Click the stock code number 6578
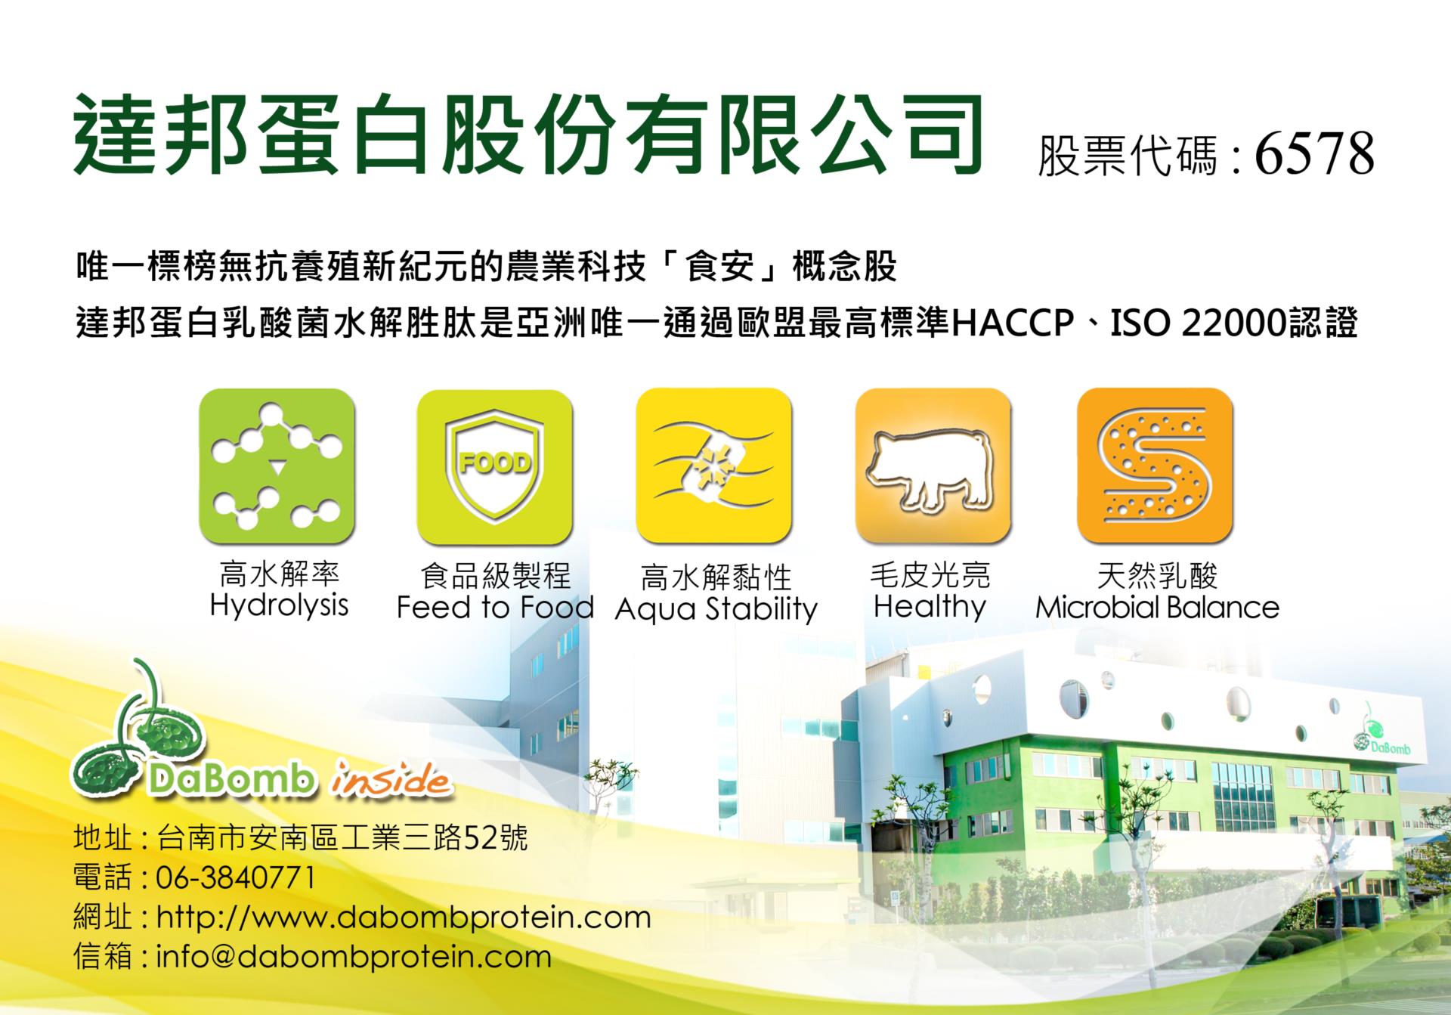(x=1314, y=154)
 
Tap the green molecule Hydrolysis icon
(x=277, y=466)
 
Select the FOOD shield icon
(x=495, y=466)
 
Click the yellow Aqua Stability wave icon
(x=713, y=466)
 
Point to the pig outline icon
(x=933, y=466)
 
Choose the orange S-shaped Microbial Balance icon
(x=1155, y=466)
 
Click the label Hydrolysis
(x=279, y=606)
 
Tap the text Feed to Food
(x=496, y=608)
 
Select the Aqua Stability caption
(x=716, y=609)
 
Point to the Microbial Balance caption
(x=1157, y=608)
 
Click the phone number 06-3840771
(x=236, y=878)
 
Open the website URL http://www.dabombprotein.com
(x=404, y=918)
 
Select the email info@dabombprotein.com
(x=354, y=958)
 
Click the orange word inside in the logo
(x=390, y=780)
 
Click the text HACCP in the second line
(x=1013, y=323)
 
